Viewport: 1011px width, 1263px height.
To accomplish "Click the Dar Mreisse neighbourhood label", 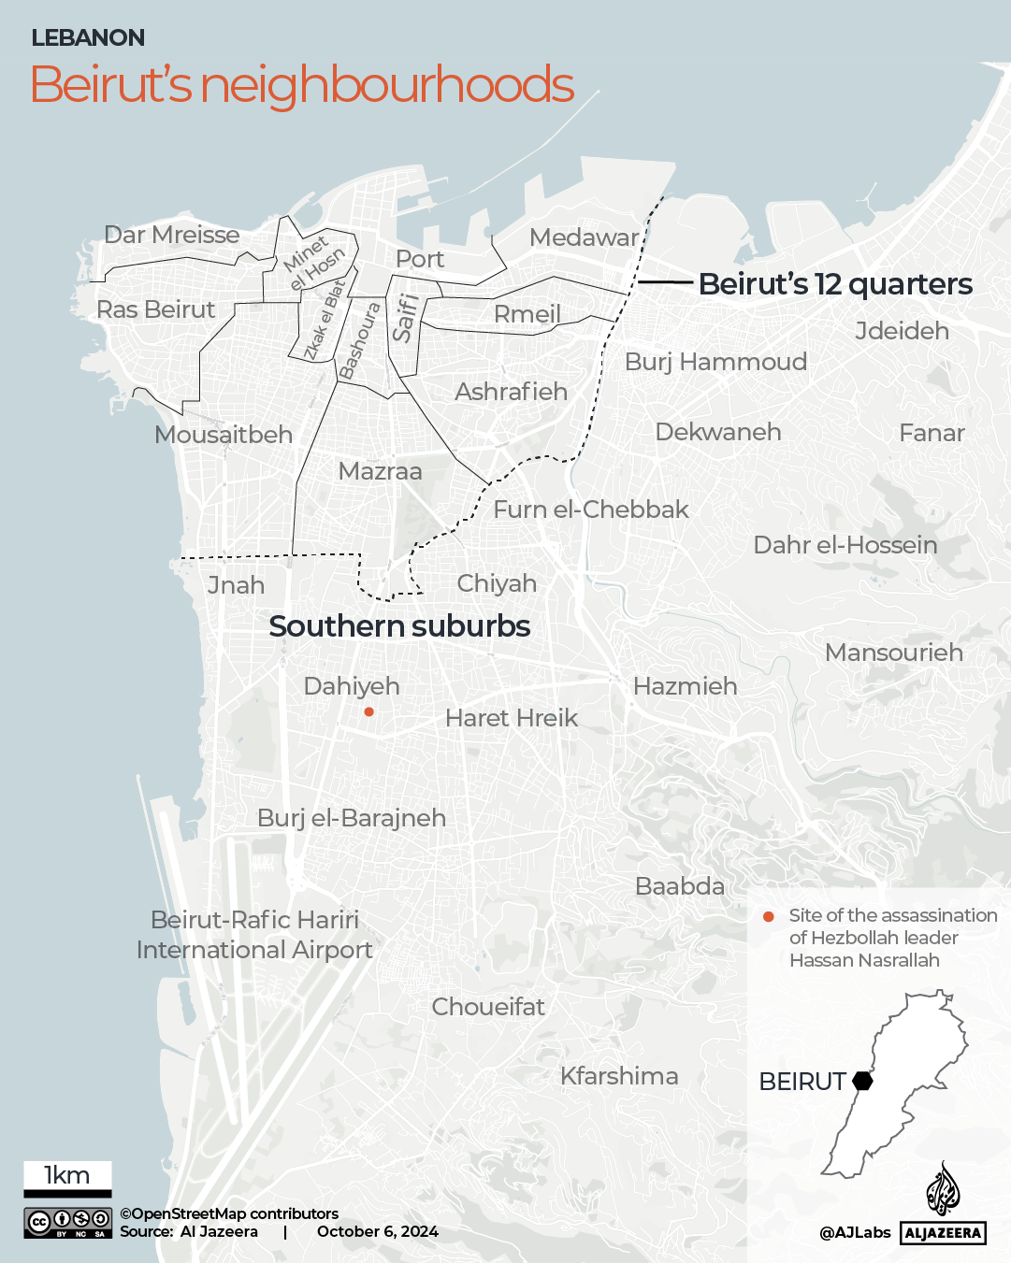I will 172,235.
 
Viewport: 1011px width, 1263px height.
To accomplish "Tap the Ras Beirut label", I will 156,309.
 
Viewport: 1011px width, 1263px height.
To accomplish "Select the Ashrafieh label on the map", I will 511,392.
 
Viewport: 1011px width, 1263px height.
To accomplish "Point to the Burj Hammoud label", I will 715,362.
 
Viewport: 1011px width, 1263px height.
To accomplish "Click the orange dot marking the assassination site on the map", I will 369,712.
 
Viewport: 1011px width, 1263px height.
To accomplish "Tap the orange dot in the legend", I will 769,917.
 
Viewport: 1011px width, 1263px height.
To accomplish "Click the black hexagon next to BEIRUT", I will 862,1082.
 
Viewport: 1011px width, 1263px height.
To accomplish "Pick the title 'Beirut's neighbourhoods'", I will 302,85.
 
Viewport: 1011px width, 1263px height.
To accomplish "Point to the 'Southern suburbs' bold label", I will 399,626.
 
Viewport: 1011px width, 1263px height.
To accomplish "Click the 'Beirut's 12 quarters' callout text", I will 835,284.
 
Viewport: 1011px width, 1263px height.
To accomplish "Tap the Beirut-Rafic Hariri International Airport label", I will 254,935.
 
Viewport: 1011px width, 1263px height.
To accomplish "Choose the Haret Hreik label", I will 512,718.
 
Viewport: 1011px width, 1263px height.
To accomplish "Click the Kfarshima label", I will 619,1076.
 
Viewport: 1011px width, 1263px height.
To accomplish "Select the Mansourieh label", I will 893,653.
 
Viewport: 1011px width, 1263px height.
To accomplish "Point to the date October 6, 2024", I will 378,1231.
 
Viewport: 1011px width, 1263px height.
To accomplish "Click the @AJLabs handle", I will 855,1233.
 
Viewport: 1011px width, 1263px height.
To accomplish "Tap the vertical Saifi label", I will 404,318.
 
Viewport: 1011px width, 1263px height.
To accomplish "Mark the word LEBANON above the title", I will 88,38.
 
